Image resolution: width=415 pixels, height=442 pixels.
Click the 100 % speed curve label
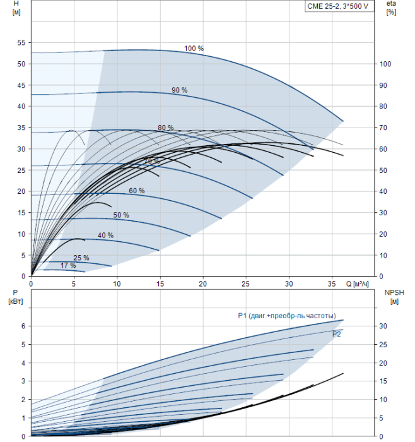click(x=194, y=49)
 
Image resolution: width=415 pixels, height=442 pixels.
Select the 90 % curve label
click(x=179, y=90)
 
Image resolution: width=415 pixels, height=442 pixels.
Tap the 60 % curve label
click(x=136, y=191)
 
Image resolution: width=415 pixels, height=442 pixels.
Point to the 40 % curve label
click(x=105, y=236)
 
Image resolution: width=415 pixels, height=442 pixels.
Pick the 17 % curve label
click(x=68, y=266)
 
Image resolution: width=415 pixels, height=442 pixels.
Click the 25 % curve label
click(x=81, y=258)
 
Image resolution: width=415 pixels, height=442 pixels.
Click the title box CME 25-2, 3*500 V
click(x=341, y=6)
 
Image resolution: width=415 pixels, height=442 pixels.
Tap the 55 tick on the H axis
click(x=21, y=43)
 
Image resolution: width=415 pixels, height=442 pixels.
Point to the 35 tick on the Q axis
click(x=332, y=284)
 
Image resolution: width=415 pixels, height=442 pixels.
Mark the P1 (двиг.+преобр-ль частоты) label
click(x=286, y=316)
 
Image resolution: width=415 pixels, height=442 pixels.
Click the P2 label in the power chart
click(x=337, y=334)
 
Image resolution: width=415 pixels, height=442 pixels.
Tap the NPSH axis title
click(x=394, y=292)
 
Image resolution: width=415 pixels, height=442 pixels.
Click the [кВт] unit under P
click(x=16, y=301)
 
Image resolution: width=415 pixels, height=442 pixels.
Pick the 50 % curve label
click(x=121, y=215)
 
